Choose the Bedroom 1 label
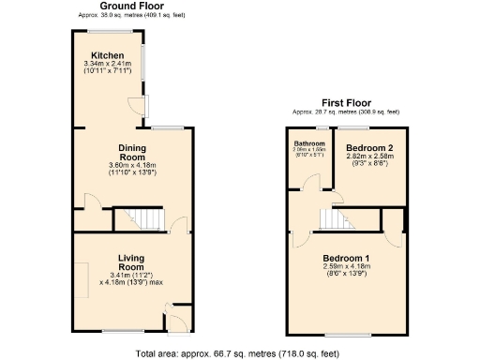pyautogui.click(x=347, y=258)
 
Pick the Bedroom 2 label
pyautogui.click(x=367, y=148)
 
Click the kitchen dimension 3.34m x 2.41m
pyautogui.click(x=110, y=64)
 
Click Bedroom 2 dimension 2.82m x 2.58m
pyautogui.click(x=367, y=157)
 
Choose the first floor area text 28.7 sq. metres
pyautogui.click(x=344, y=112)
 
